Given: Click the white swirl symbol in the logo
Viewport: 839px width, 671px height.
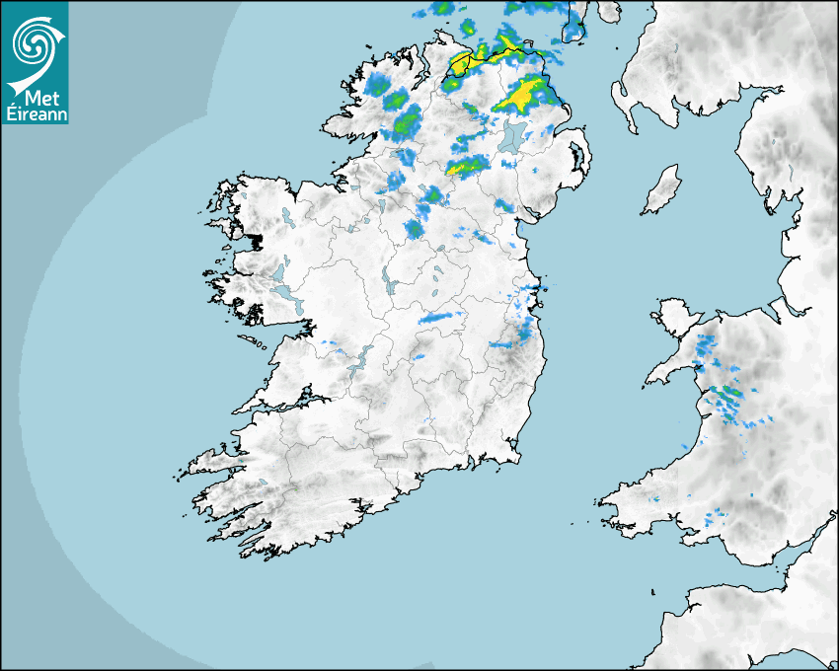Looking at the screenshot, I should pyautogui.click(x=35, y=41).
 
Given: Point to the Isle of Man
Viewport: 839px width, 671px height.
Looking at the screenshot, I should pyautogui.click(x=661, y=190).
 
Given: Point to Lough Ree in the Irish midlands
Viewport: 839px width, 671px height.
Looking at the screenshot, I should pyautogui.click(x=388, y=284).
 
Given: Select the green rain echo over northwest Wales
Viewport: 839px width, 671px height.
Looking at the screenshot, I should pyautogui.click(x=729, y=394).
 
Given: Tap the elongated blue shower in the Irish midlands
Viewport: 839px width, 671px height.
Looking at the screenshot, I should pyautogui.click(x=440, y=318).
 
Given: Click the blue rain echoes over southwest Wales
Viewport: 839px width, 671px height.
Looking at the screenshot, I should pyautogui.click(x=715, y=513).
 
